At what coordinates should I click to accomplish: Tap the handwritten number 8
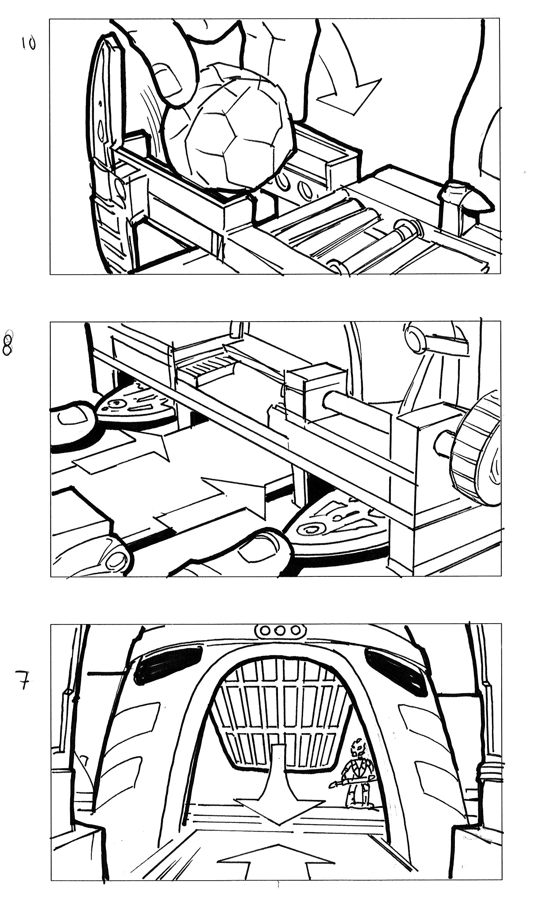[8, 342]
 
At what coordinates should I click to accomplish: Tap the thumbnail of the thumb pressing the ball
[168, 80]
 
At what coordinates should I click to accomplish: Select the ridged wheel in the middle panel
[477, 451]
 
